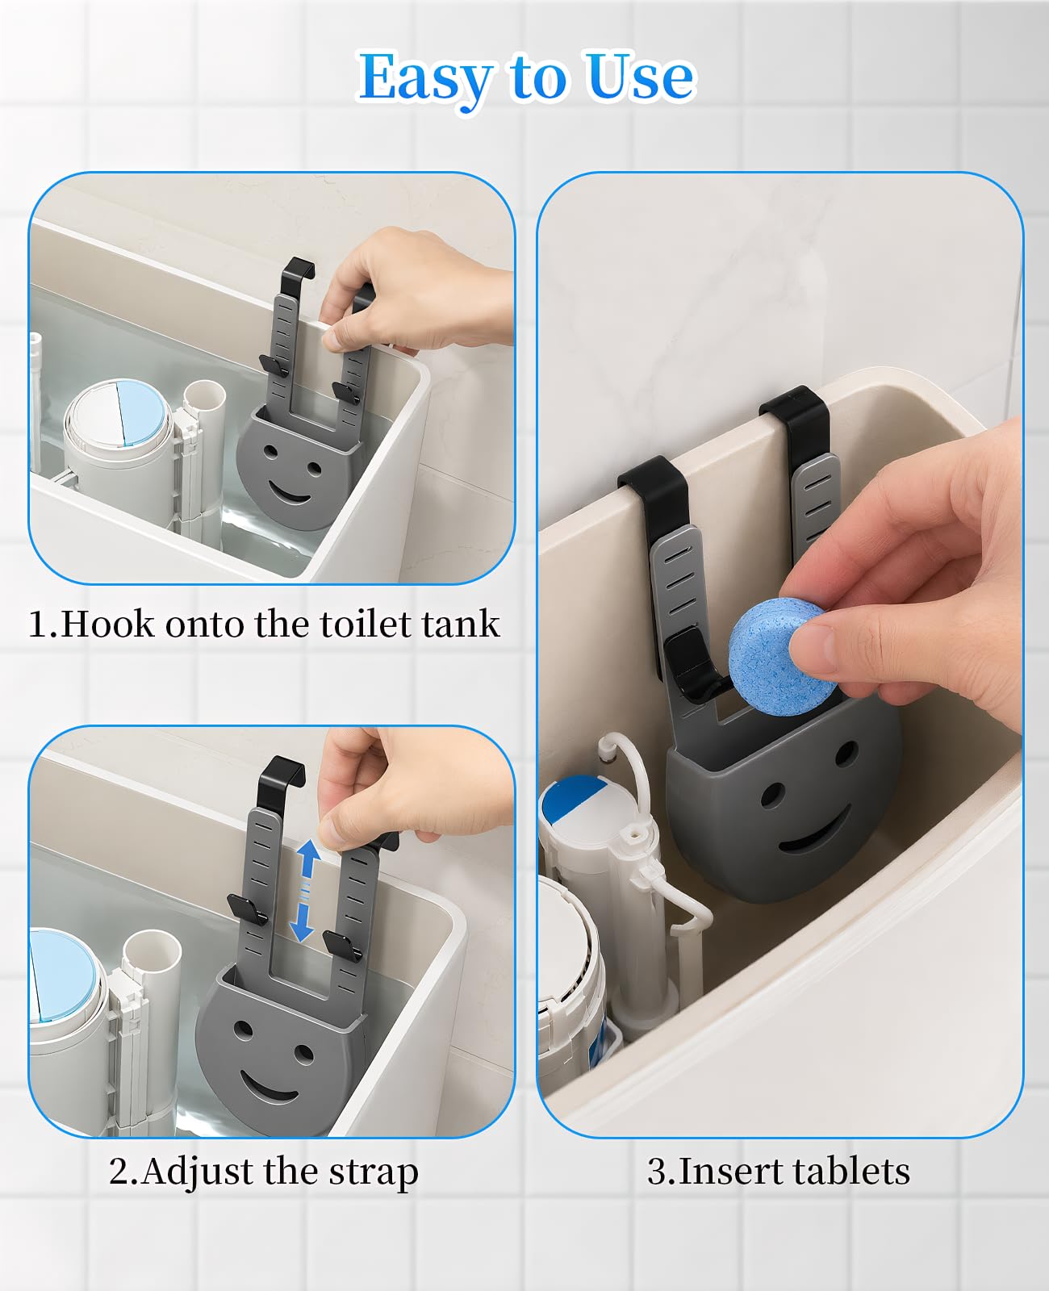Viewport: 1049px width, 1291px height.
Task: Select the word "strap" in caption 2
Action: point(374,1173)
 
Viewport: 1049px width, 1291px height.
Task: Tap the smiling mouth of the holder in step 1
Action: point(290,493)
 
